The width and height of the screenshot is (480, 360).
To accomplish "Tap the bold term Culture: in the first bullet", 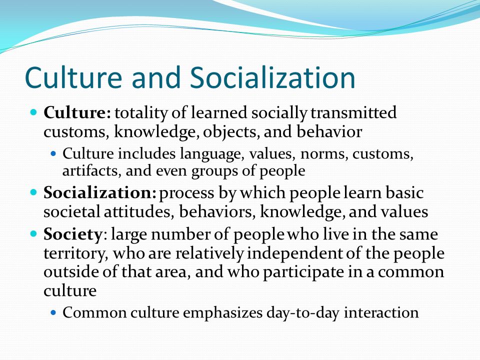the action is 77,112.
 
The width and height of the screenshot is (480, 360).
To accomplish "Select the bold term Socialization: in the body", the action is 100,193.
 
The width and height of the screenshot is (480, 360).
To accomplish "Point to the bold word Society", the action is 72,235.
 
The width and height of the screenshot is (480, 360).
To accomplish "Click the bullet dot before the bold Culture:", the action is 33,111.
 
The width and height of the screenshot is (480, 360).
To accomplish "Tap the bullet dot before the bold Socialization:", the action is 33,192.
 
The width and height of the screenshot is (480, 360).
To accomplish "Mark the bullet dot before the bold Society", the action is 33,234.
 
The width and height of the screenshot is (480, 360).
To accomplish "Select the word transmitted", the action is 353,112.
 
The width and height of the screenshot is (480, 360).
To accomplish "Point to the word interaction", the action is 381,312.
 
